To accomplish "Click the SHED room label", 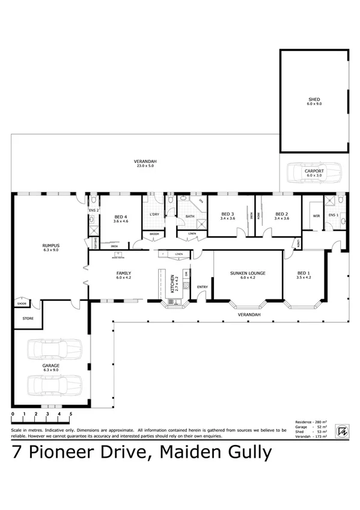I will click(x=314, y=99).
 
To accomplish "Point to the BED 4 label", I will click(x=121, y=217).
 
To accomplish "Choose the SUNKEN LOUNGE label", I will click(x=248, y=273).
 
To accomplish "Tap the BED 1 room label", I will click(x=304, y=273).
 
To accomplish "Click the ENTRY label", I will click(x=203, y=287).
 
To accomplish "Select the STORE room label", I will click(x=28, y=318).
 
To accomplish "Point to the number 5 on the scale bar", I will click(x=71, y=414).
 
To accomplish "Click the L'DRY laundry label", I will click(x=153, y=215).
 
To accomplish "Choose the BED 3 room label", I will click(x=227, y=214).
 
